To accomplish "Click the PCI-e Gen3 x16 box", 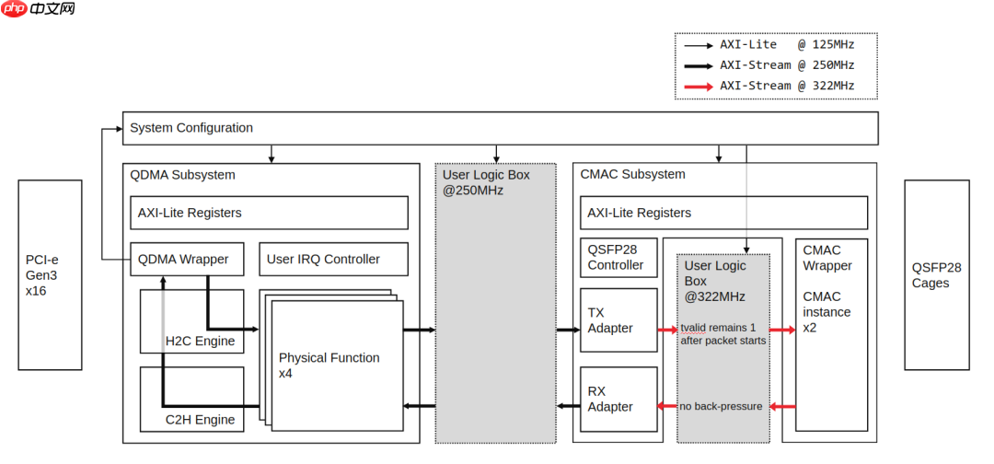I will (50, 274).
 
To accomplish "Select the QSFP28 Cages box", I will (936, 274).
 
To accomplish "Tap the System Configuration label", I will (191, 128).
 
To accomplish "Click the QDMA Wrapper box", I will (187, 259).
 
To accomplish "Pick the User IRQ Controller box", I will (334, 259).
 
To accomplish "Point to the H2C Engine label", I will (200, 342).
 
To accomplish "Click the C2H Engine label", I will (200, 420).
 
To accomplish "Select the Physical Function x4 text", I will (329, 365).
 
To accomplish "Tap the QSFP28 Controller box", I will (618, 257).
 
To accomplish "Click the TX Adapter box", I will (618, 320).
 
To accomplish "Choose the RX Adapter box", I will (618, 399).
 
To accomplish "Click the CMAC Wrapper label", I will (827, 258).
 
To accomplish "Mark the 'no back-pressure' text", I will (721, 406).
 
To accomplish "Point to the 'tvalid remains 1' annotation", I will (722, 328).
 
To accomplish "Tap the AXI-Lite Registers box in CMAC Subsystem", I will (723, 213).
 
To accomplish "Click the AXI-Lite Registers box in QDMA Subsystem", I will (269, 213).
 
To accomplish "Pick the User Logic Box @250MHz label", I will (486, 182).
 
